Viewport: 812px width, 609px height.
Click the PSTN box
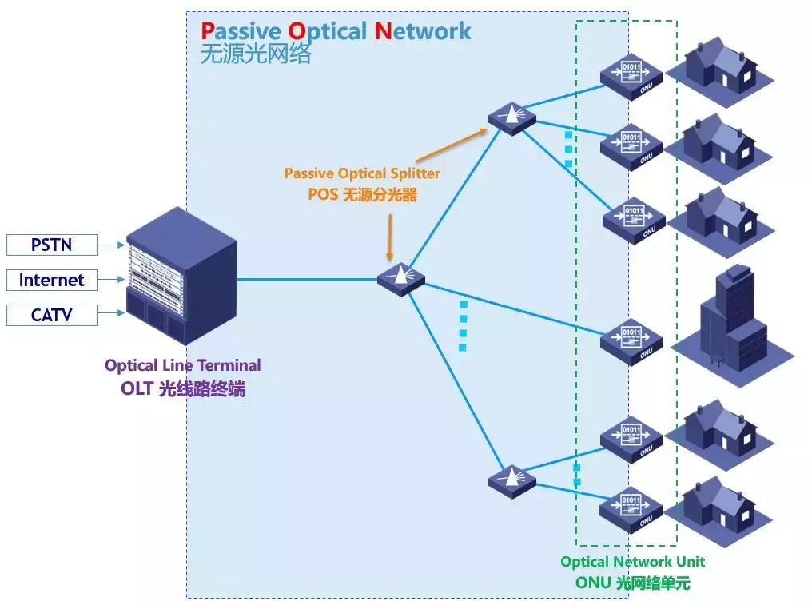(x=52, y=245)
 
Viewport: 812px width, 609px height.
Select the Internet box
(x=52, y=280)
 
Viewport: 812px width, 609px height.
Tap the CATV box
(x=52, y=315)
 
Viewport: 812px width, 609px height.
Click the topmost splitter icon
(x=511, y=118)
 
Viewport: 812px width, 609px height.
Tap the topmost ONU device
(x=631, y=76)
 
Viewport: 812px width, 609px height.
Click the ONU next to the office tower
(x=631, y=339)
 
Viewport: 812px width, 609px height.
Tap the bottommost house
(x=719, y=505)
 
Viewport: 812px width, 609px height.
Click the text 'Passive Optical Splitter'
(x=362, y=173)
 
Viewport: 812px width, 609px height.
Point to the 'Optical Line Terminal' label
(x=182, y=365)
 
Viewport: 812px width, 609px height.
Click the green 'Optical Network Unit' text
(x=632, y=562)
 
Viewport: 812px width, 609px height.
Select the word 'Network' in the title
(x=423, y=31)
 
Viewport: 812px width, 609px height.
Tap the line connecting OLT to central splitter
(x=308, y=279)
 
